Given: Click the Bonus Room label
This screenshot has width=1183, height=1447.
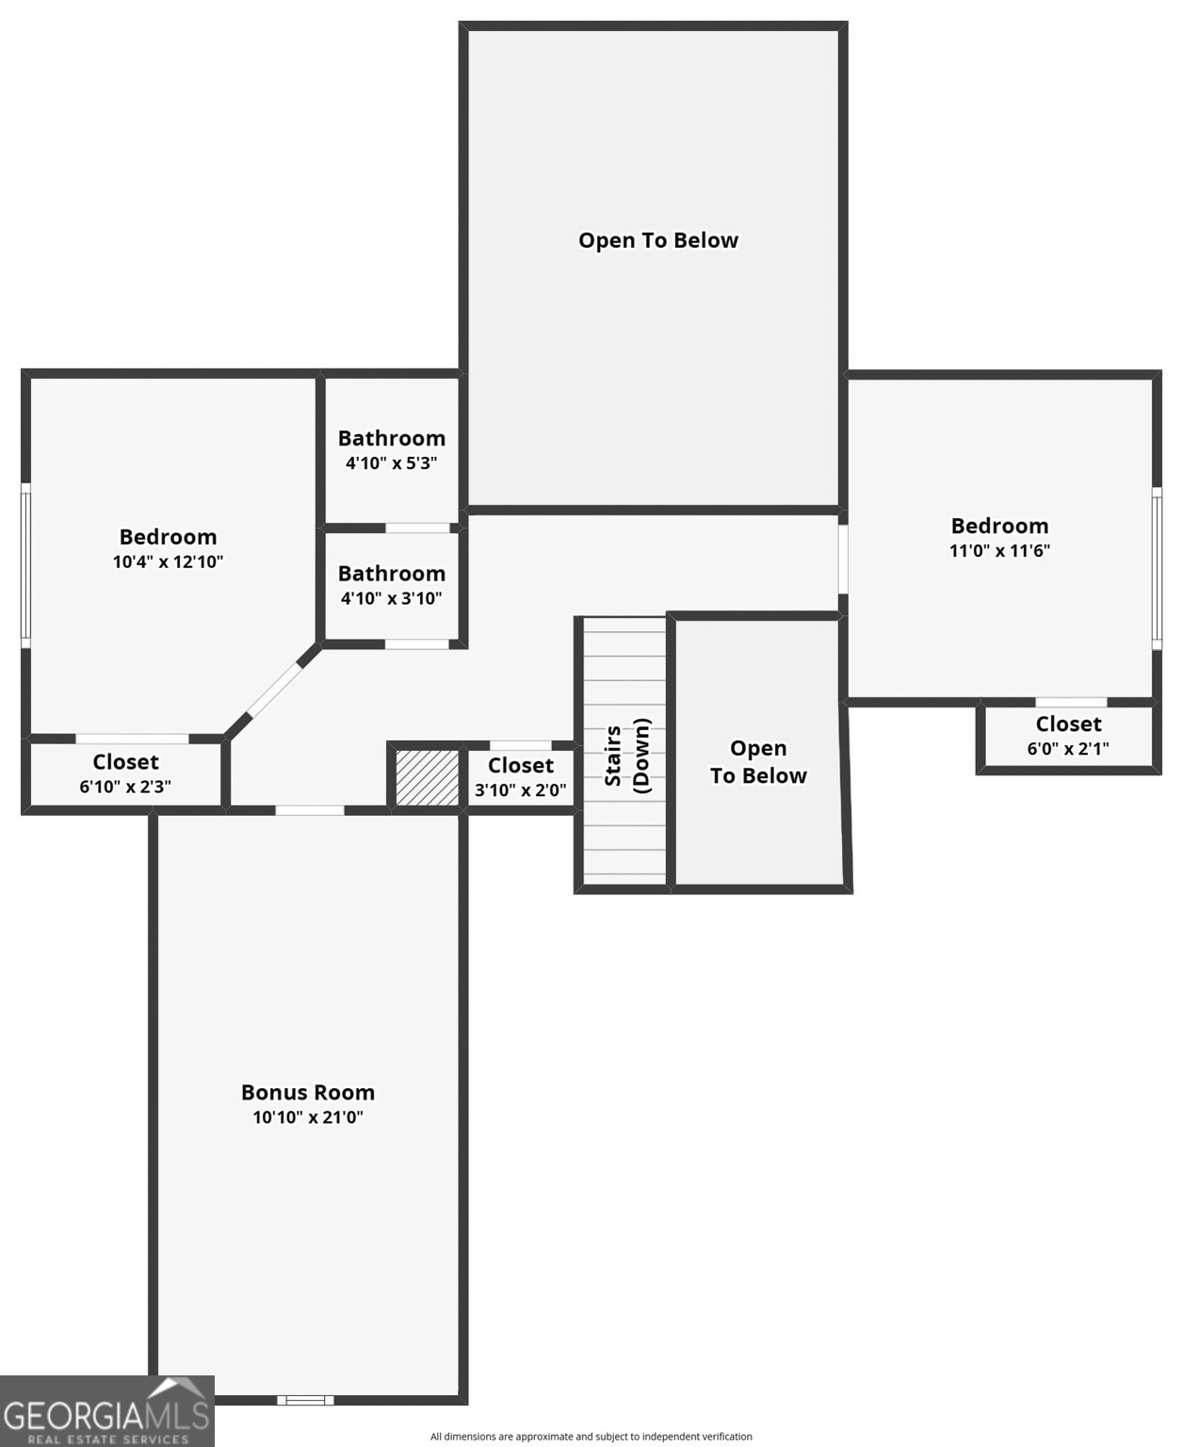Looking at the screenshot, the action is pos(308,1092).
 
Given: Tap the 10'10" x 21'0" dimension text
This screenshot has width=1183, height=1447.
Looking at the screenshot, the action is pos(308,1117).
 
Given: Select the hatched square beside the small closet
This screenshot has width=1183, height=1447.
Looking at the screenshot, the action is pos(428,777).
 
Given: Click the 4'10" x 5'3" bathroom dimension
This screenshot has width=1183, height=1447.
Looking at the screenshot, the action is pos(392,463).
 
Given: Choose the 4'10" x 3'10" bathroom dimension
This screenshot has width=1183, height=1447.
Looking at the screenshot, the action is pos(392,598).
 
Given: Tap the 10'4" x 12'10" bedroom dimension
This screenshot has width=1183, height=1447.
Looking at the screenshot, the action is pos(168,561).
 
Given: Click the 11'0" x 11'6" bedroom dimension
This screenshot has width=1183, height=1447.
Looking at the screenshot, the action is pos(999,551).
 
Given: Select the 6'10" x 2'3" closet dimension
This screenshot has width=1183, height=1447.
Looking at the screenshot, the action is pos(125,787).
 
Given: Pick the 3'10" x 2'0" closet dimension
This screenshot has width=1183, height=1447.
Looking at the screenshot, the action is pos(521,790).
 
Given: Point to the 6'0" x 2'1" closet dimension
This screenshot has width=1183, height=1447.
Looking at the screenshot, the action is pos(1068,749).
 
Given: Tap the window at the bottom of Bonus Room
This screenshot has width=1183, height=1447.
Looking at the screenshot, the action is pos(305,1400).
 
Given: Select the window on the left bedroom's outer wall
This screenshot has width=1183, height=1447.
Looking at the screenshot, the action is pos(25,565).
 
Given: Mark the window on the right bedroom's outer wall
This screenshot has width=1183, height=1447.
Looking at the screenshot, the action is pos(1157,568).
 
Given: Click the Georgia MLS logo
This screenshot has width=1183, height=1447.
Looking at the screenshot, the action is pos(107,1410).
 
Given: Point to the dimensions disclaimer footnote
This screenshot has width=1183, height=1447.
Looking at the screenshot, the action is pos(591,1436).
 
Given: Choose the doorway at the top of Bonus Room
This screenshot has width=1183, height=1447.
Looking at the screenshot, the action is pos(310,810).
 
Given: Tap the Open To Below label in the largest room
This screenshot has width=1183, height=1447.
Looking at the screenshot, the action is pos(658,240).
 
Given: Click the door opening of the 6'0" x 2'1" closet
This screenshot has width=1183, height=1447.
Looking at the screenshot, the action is pos(1071,702).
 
